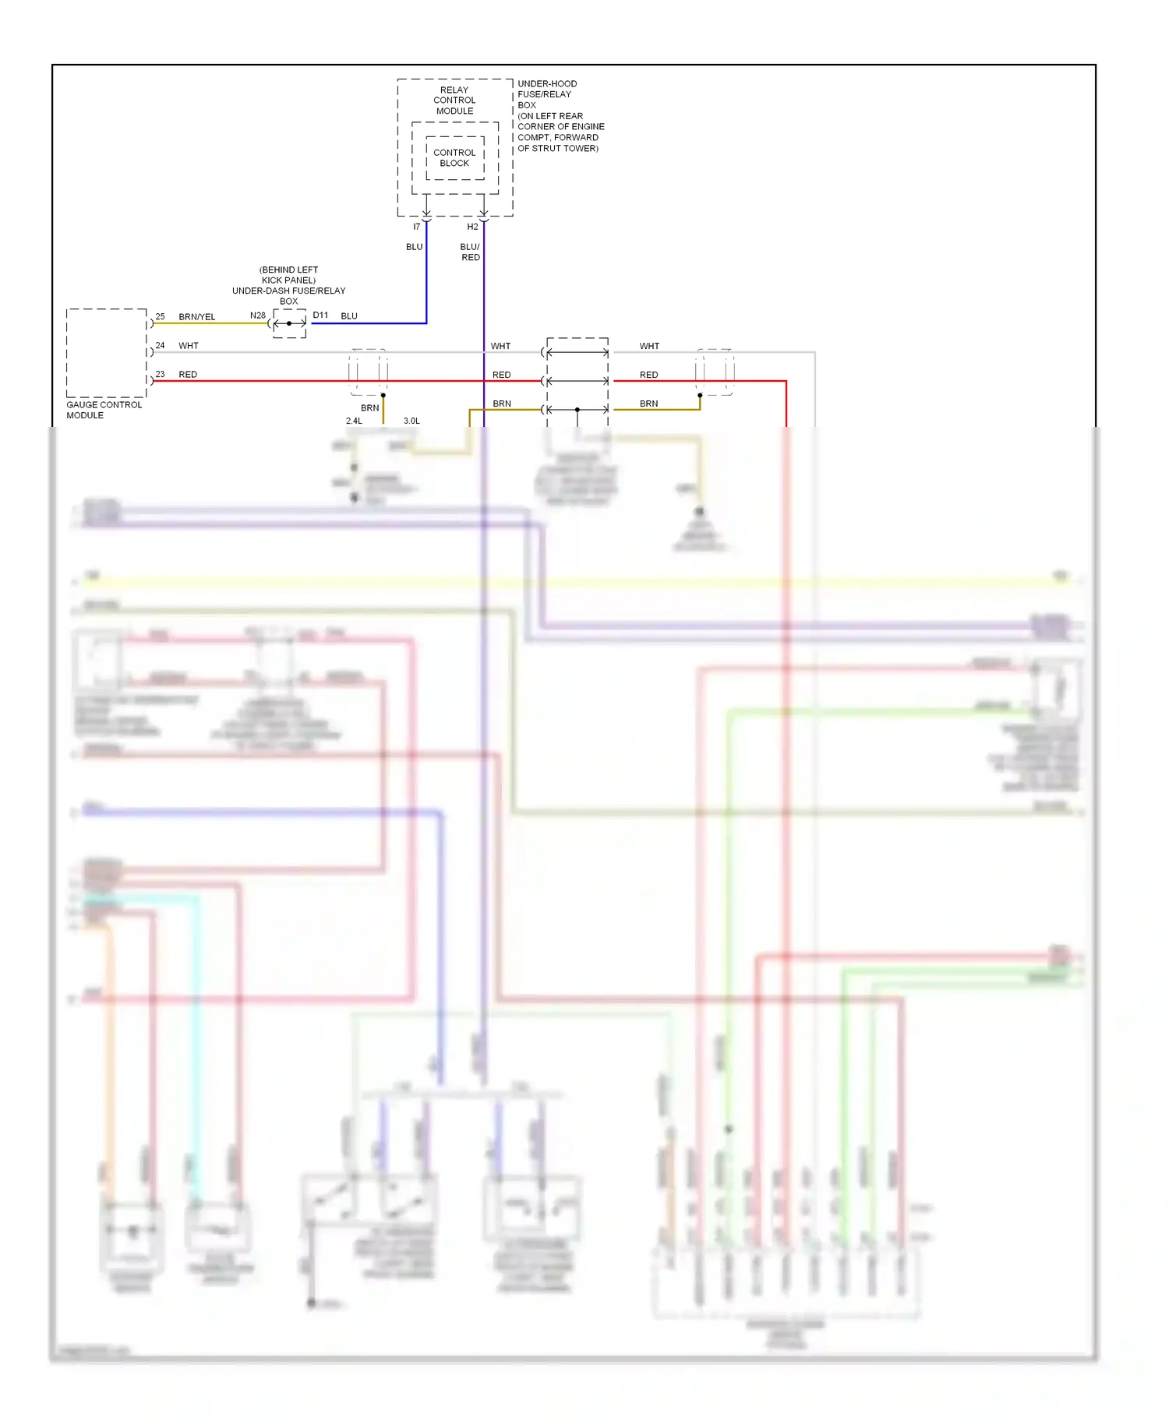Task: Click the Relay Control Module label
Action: tap(454, 100)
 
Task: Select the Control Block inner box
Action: tap(454, 158)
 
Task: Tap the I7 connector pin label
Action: tap(417, 227)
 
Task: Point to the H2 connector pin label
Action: tap(472, 227)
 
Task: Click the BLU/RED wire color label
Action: tap(470, 252)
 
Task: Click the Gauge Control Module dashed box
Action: tap(107, 353)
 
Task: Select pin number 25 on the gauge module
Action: tap(160, 316)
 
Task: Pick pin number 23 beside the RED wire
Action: tap(160, 374)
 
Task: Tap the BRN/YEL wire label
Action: tap(196, 317)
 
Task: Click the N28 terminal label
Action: tap(257, 315)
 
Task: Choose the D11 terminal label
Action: tap(320, 315)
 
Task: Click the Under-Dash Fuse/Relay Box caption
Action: tap(288, 285)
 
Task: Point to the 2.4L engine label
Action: tap(354, 421)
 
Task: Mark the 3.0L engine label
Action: tap(411, 421)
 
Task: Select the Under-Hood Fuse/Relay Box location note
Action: tap(560, 115)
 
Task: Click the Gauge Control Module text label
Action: tap(104, 410)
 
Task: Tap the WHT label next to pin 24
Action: tap(188, 345)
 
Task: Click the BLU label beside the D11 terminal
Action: tap(349, 316)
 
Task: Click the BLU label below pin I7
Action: tap(414, 247)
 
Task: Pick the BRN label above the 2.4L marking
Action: tap(369, 407)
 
